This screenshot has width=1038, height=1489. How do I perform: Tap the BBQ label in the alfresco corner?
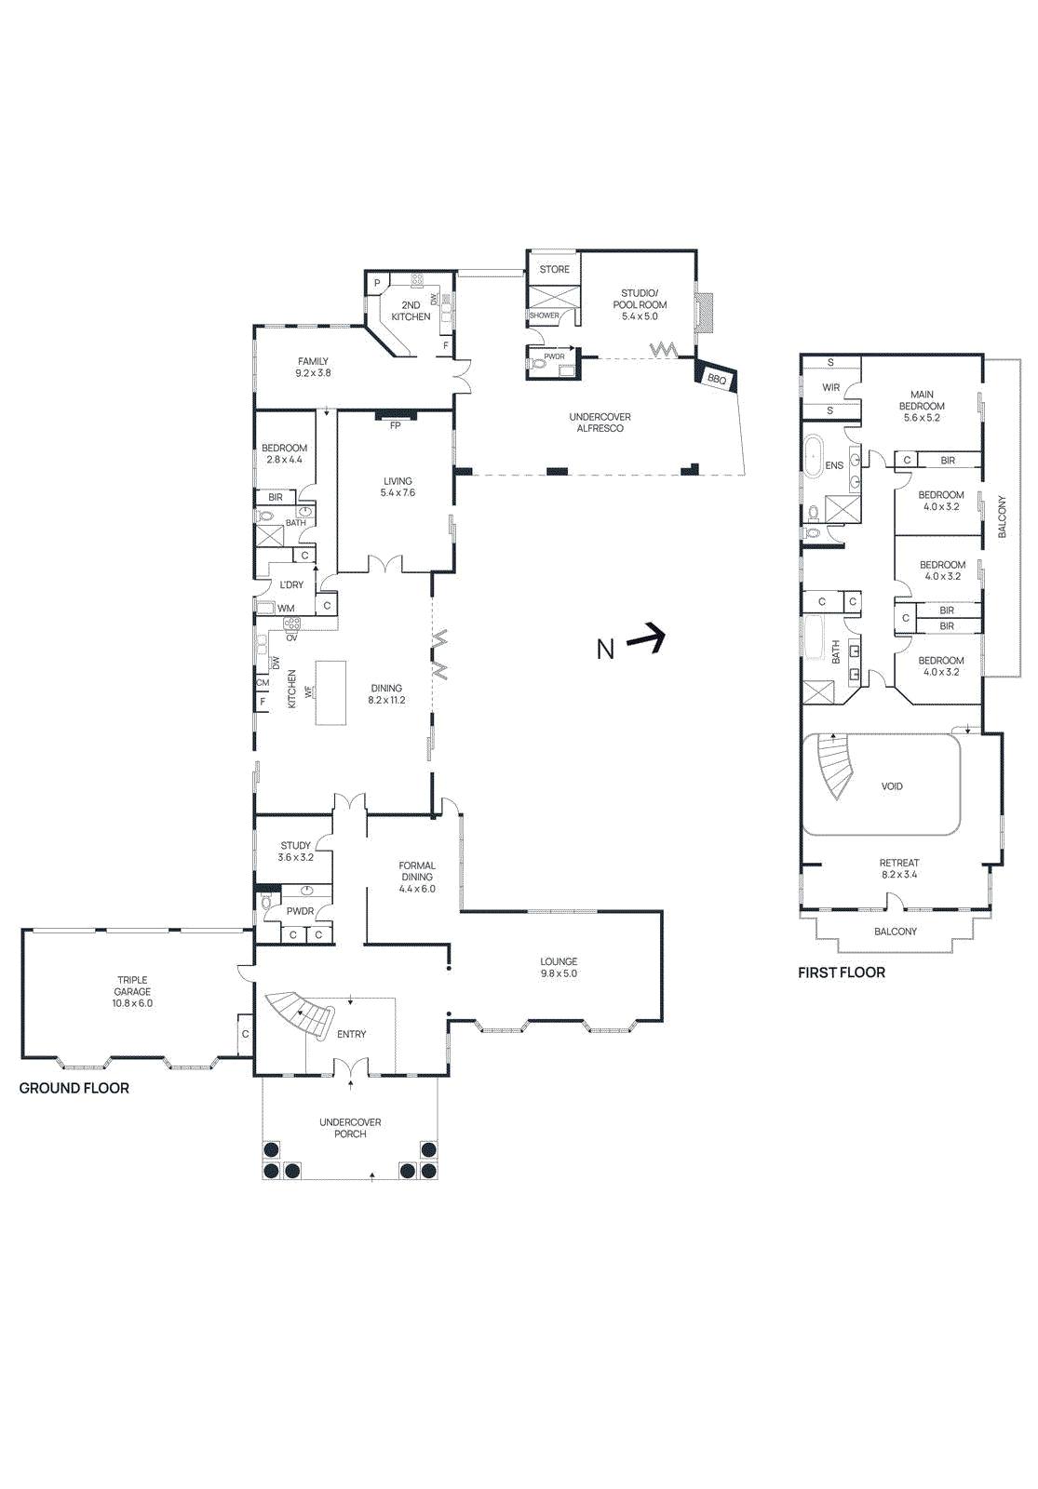[716, 379]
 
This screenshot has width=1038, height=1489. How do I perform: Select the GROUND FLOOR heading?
[74, 1088]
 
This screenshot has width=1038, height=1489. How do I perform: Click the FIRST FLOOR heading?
[841, 973]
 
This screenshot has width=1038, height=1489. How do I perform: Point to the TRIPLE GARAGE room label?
[132, 986]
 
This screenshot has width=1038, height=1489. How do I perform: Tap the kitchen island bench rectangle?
[330, 692]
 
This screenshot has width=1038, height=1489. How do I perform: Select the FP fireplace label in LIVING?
[396, 425]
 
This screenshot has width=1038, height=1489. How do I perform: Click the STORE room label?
[554, 269]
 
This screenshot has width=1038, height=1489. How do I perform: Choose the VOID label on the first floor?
[891, 786]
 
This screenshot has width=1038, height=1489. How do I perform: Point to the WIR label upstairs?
[830, 388]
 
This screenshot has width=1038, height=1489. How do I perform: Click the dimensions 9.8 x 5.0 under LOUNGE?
[559, 973]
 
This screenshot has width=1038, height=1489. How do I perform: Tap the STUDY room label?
[295, 846]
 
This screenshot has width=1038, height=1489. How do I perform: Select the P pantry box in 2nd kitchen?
[377, 283]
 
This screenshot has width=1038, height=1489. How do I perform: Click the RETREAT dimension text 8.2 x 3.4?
[899, 875]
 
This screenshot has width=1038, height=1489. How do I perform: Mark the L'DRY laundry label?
[291, 584]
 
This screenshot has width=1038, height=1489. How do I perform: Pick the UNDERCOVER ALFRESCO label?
[600, 423]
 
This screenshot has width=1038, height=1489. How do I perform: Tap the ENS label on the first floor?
[833, 465]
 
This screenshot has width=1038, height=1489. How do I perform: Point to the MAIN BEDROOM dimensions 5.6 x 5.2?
[922, 418]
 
